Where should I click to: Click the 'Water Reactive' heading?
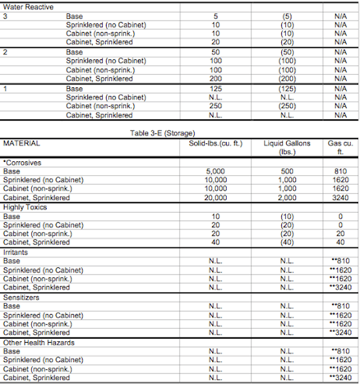28,6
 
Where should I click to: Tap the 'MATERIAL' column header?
22,143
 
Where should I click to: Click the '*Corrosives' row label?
22,162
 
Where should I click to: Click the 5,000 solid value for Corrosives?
215,171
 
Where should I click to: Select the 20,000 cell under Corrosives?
215,198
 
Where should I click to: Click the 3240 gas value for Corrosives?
340,198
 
